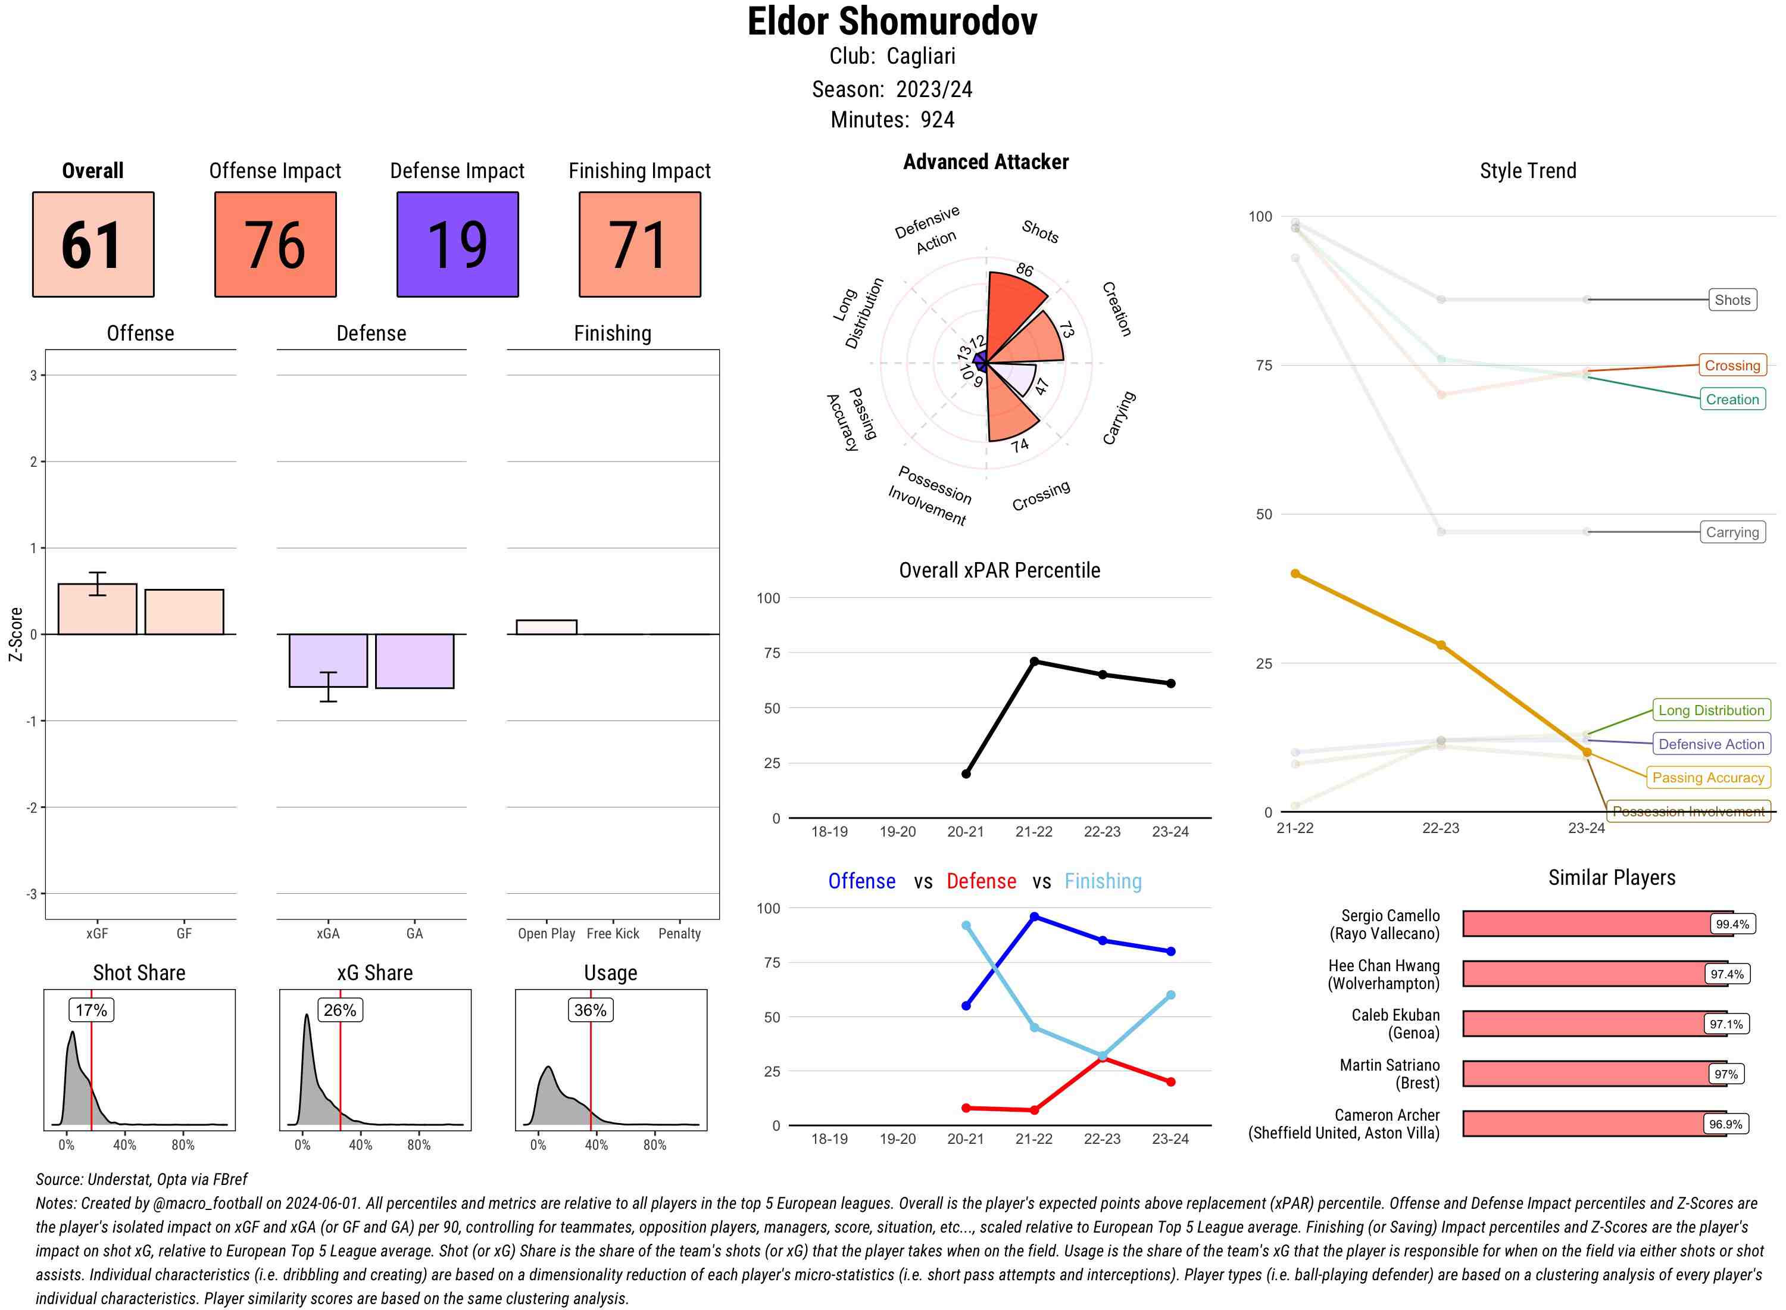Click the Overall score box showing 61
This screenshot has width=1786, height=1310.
(93, 244)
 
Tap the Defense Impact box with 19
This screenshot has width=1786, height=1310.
(457, 244)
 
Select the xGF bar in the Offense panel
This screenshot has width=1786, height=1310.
(98, 609)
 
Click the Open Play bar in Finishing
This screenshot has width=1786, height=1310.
(546, 627)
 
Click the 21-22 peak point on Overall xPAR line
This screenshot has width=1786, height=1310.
(1033, 662)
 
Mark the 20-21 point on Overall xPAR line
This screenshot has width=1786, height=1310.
(966, 774)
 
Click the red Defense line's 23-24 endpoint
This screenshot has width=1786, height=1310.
(1170, 1081)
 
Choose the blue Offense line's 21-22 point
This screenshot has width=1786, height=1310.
(1033, 916)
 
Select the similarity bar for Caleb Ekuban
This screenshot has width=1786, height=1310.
(1582, 1024)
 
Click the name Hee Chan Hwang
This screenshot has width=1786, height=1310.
(1384, 966)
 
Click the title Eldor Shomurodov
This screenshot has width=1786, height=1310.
(892, 21)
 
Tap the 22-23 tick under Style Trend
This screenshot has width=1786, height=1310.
(1440, 828)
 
